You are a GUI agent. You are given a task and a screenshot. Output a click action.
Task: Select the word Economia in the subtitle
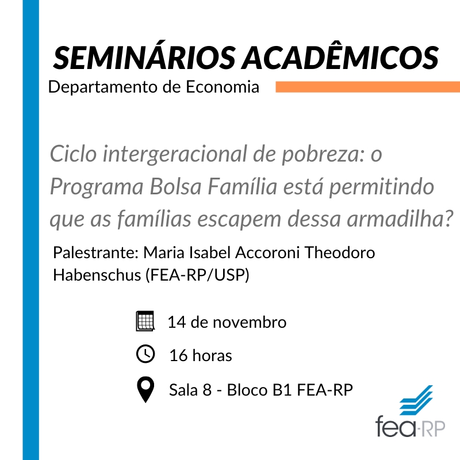click(x=223, y=87)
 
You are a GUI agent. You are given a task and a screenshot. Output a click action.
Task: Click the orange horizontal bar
click(x=368, y=87)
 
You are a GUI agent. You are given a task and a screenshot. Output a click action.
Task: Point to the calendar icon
click(x=145, y=321)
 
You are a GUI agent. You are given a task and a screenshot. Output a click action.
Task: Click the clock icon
click(x=145, y=354)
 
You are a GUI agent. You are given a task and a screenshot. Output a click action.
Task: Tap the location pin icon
click(x=145, y=389)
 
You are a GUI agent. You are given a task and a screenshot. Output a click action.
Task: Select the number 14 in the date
click(x=177, y=322)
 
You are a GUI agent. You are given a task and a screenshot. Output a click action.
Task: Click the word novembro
click(x=250, y=322)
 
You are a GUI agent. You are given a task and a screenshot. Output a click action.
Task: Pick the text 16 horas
click(x=201, y=355)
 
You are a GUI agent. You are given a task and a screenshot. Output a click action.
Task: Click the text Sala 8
click(x=190, y=390)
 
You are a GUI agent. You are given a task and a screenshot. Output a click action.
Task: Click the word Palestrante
click(x=95, y=252)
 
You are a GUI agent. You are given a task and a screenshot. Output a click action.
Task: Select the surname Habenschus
click(x=97, y=275)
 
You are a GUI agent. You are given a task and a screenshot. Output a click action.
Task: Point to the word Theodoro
click(x=340, y=252)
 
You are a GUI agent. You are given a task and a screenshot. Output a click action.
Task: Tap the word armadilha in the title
click(x=397, y=218)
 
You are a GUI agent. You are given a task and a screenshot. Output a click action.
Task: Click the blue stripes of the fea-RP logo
click(x=416, y=400)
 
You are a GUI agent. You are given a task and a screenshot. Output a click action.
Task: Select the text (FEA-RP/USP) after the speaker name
click(x=197, y=275)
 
